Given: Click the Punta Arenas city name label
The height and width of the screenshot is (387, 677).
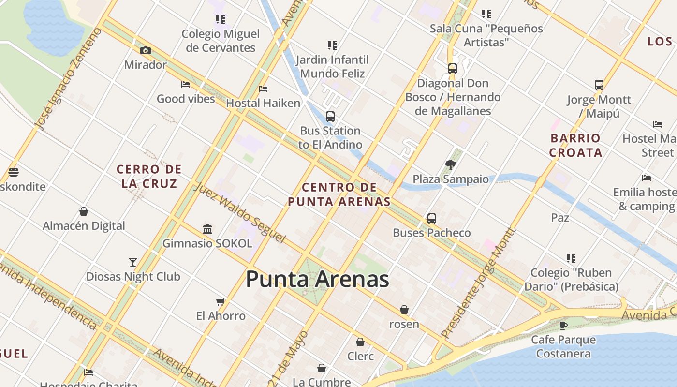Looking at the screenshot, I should (317, 280).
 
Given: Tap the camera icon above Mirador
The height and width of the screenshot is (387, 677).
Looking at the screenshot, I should (145, 50).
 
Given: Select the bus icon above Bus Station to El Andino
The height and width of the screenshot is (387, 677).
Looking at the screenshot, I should (330, 116).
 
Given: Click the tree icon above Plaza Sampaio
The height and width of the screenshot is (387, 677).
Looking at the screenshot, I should (451, 164).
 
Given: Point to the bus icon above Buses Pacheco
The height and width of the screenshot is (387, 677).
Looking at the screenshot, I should (432, 219).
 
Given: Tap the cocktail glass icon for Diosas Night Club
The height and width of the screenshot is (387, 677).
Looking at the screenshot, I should (133, 262).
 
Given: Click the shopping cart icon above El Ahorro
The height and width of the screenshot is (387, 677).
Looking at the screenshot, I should (221, 302).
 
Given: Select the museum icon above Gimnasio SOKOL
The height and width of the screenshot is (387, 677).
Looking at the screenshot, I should (207, 229).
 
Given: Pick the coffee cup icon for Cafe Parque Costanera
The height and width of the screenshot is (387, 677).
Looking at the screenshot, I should (563, 325).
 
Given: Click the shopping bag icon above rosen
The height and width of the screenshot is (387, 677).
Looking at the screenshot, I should (404, 310).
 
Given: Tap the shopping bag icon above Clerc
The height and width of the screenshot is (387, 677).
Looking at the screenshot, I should (360, 342).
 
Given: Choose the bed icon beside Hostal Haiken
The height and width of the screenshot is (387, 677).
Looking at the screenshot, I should (263, 89).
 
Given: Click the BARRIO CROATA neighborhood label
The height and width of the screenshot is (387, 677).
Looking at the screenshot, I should (575, 145).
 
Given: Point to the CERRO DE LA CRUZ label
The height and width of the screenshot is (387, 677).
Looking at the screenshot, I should (149, 176).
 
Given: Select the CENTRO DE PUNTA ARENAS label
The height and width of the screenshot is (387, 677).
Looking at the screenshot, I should (339, 194).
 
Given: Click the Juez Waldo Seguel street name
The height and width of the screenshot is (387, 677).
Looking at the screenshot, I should (239, 212).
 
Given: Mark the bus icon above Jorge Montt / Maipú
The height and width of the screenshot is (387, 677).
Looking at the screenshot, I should (599, 85).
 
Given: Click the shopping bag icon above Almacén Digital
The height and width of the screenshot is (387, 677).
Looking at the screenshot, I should (84, 211).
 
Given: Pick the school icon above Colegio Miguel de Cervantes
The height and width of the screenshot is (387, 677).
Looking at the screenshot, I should (221, 19).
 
